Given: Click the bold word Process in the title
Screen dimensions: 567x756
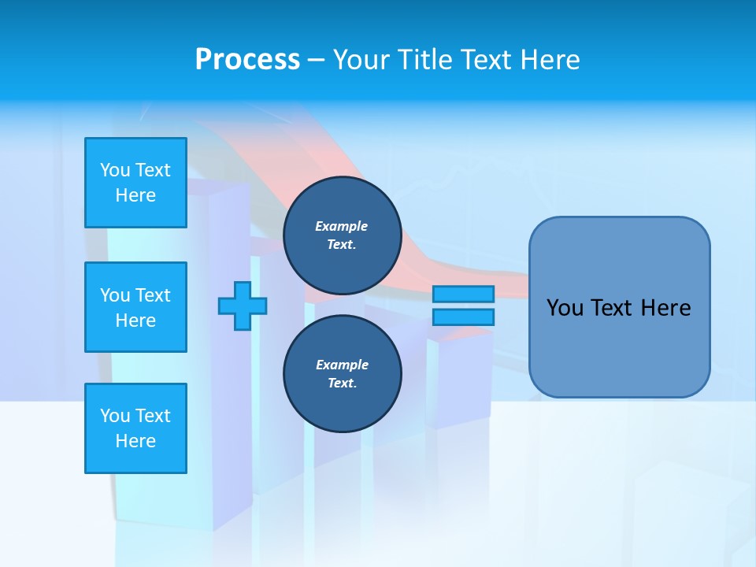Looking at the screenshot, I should (247, 60).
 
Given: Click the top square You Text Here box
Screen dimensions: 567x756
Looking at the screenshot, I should (135, 183).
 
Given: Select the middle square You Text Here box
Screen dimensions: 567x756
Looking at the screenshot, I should (135, 307).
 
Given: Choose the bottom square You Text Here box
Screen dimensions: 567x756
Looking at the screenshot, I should (135, 428).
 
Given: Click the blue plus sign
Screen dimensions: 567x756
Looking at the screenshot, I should (243, 306).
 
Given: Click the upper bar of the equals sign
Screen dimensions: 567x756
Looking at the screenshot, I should (463, 294).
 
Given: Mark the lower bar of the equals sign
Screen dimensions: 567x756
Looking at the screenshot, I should (463, 317).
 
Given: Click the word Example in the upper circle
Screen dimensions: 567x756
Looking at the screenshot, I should (342, 226).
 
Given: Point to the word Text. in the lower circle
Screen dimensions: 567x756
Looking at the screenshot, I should (342, 384).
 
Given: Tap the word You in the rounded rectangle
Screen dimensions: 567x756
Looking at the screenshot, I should (565, 308).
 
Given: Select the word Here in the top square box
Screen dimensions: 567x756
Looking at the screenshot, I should (135, 195).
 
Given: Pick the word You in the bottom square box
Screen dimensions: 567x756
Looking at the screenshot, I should (115, 416).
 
